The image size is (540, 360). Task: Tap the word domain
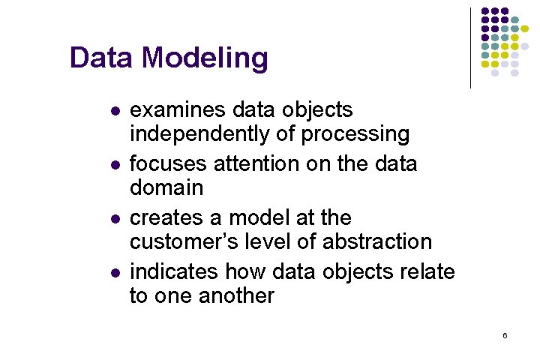(166, 187)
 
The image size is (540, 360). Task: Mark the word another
(236, 296)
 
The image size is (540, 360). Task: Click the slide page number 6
(505, 336)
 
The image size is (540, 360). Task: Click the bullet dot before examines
(114, 111)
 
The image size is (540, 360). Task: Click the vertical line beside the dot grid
(470, 48)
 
